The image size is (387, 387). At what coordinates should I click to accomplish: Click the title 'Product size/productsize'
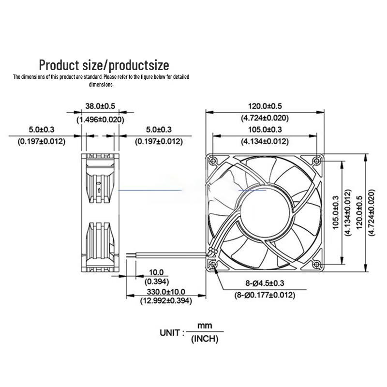(104, 65)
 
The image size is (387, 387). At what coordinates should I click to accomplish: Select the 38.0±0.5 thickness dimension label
(100, 106)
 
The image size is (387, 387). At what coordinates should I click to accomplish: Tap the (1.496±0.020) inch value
(100, 119)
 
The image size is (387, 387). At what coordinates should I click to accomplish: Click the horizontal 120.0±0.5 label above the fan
(265, 106)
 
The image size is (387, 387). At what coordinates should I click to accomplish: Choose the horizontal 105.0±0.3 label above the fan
(265, 129)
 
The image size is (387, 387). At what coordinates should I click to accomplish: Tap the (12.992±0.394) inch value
(166, 301)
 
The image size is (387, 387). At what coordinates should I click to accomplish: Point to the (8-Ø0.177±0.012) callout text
(265, 295)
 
